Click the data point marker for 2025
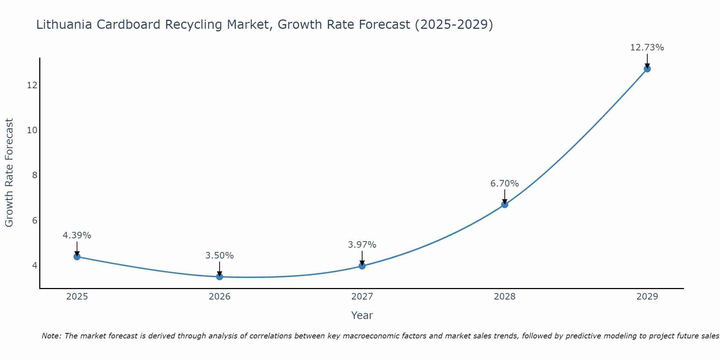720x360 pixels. [x=77, y=257]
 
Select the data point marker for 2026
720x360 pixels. [x=220, y=276]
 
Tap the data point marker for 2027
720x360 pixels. [x=362, y=266]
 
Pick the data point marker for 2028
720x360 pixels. [x=505, y=204]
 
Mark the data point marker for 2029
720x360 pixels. [x=647, y=69]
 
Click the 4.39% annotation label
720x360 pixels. [x=77, y=235]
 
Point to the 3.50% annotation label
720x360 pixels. [x=220, y=256]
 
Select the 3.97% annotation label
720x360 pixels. [x=362, y=245]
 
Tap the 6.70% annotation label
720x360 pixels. [x=505, y=184]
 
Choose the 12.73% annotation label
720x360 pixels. [x=647, y=48]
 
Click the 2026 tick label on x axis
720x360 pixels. [x=220, y=297]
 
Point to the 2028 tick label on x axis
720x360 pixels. [x=505, y=297]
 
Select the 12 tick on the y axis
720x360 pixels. [x=32, y=85]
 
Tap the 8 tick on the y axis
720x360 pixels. [x=35, y=175]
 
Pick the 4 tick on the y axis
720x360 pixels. [x=35, y=265]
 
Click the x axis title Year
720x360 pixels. [x=362, y=315]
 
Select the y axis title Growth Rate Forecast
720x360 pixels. [x=9, y=173]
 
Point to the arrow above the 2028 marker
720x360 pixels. [x=505, y=197]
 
